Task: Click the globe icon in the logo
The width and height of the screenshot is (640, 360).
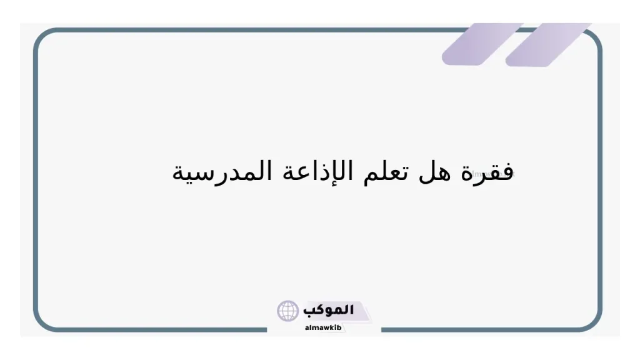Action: pos(288,311)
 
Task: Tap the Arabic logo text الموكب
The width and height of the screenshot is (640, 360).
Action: pos(328,310)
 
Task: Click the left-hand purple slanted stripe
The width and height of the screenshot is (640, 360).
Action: pos(481,44)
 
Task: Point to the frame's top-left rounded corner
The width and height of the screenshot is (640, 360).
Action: pos(44,39)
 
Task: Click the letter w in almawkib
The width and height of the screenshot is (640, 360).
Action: pos(327,327)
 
